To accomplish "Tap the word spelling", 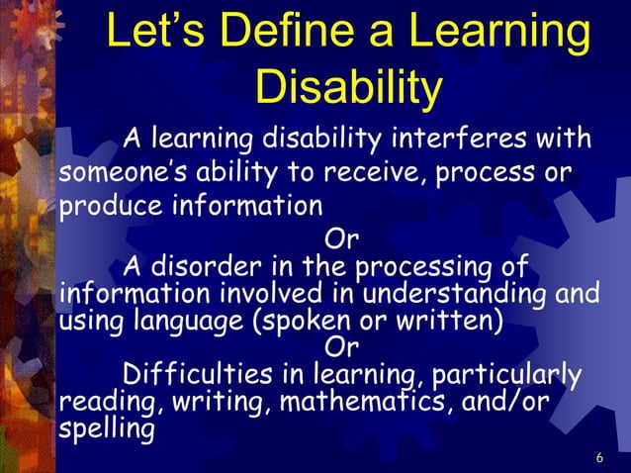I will [107, 430].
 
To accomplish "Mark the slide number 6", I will [600, 457].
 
